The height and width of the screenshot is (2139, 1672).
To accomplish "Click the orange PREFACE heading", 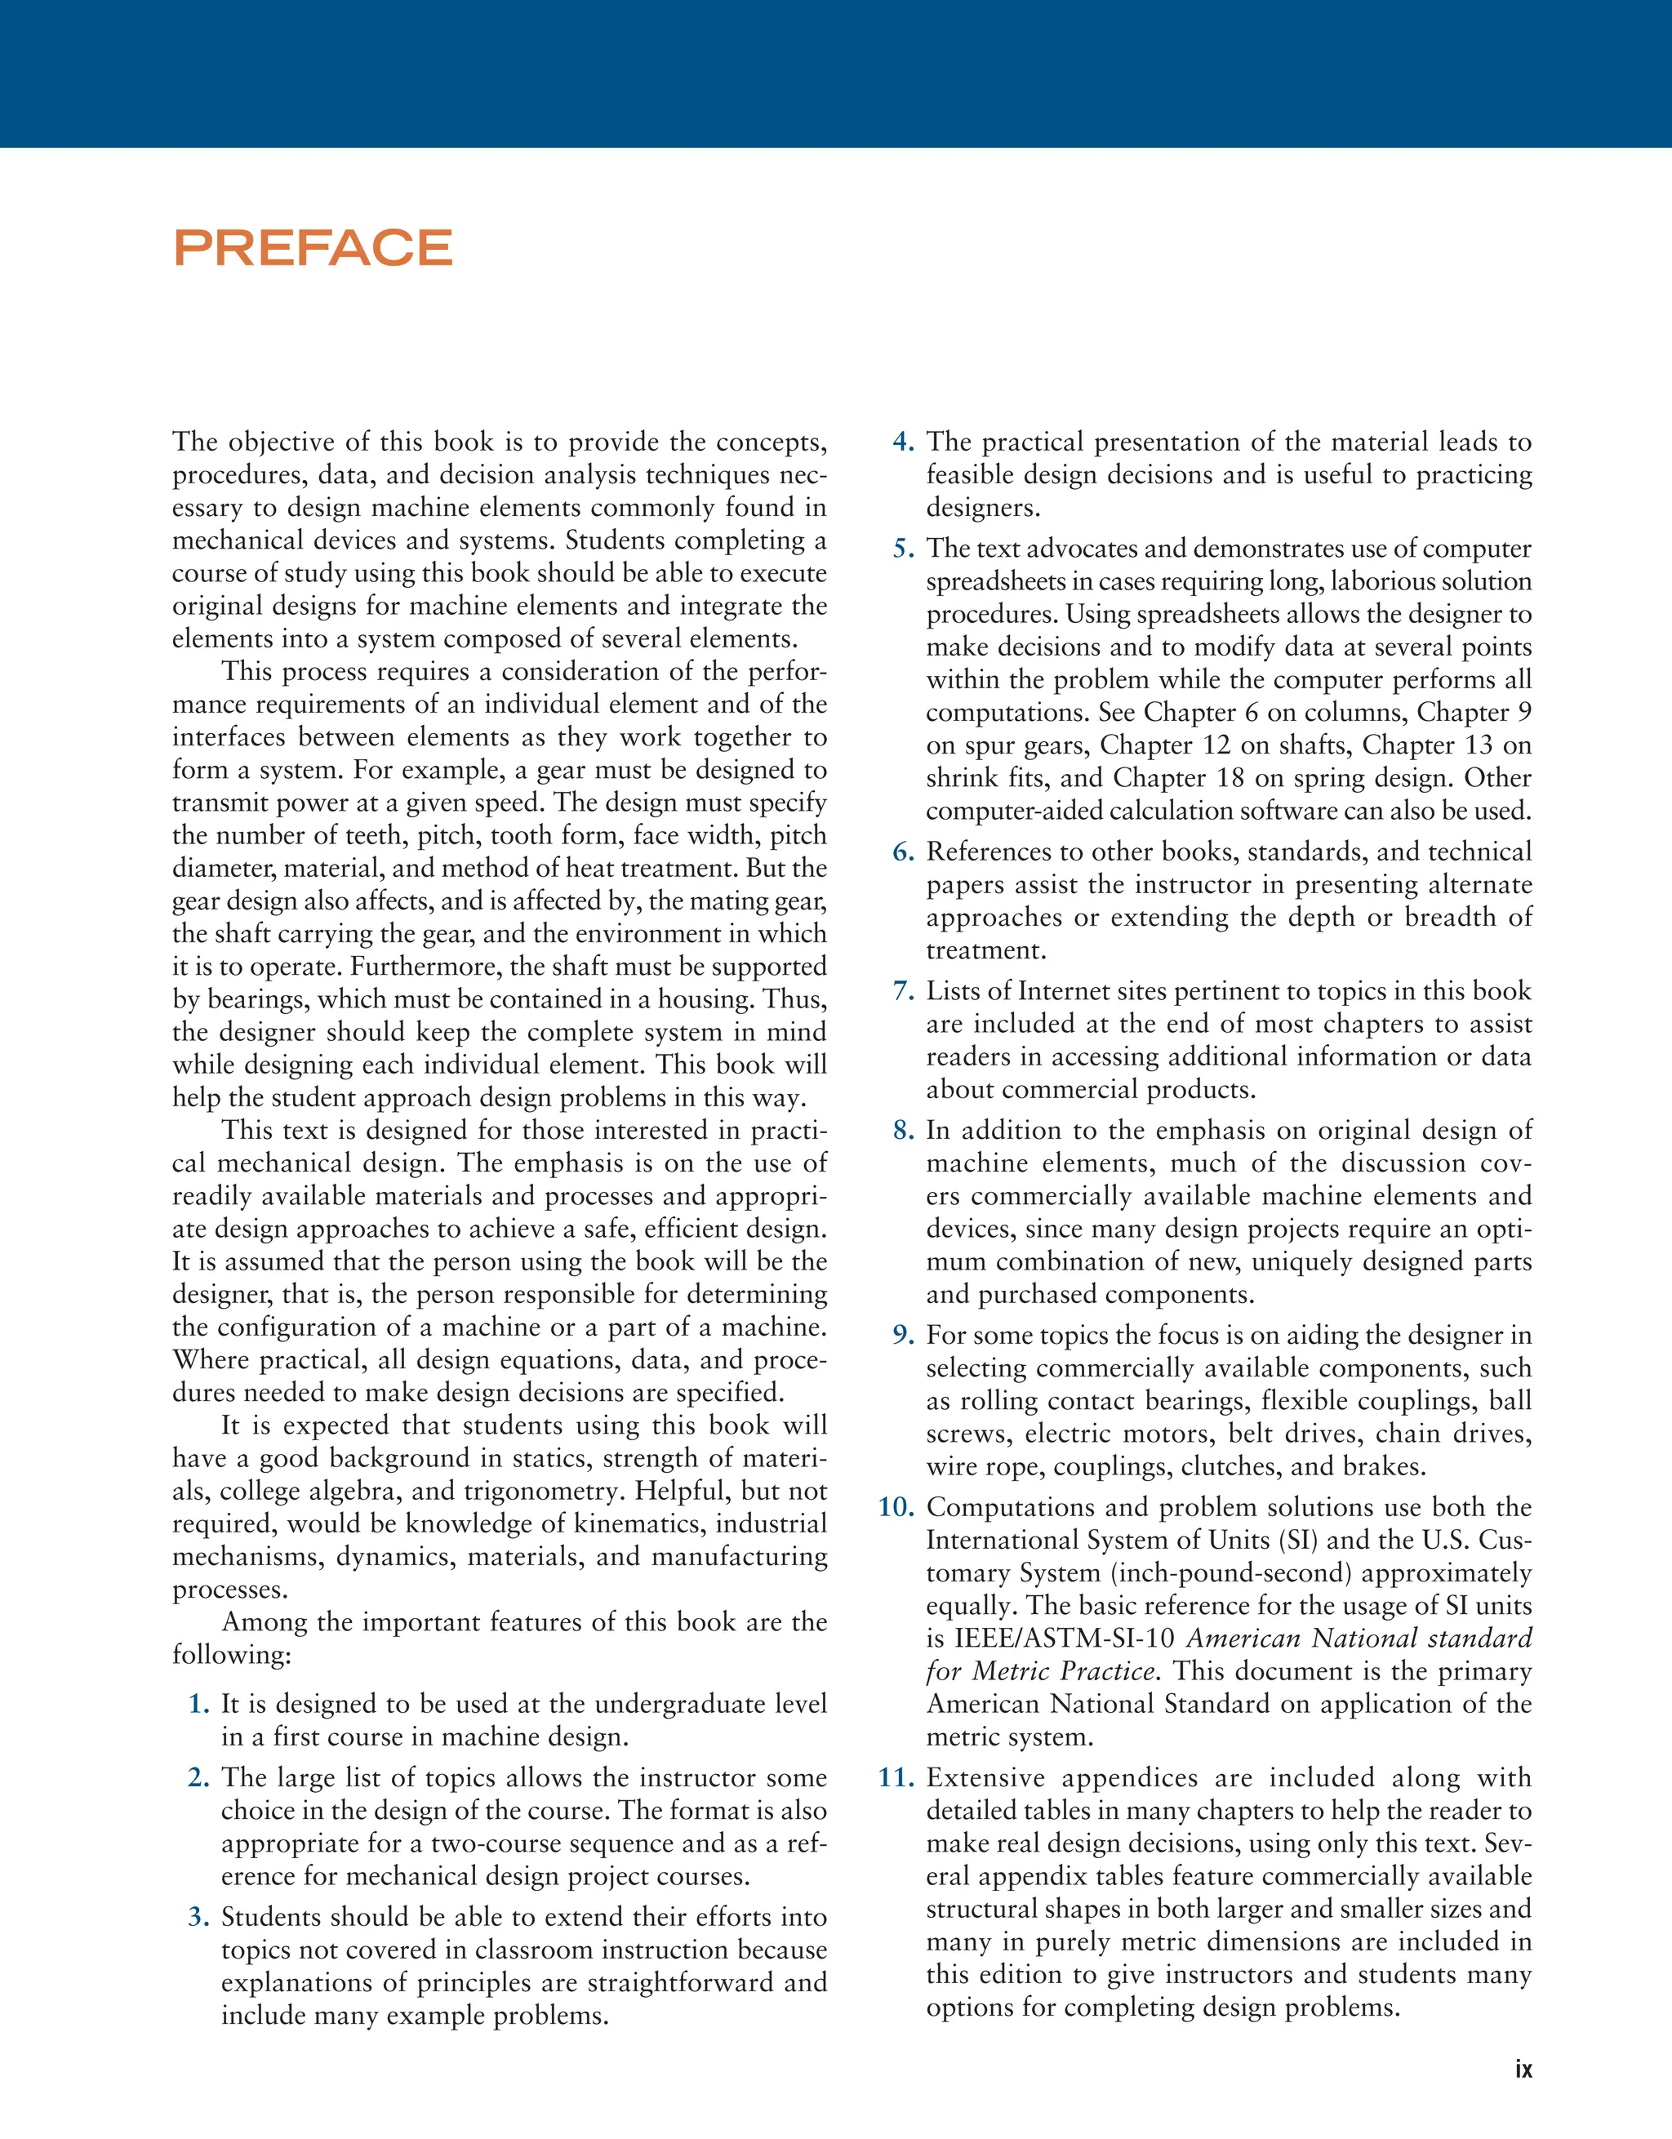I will click(x=313, y=248).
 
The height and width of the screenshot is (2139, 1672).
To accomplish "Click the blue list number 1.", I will click(x=200, y=1704).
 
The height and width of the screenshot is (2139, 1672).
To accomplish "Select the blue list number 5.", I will click(x=903, y=549).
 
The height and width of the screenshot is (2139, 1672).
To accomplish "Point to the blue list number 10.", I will click(x=896, y=1507).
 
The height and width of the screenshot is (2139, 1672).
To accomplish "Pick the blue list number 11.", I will click(x=896, y=1777).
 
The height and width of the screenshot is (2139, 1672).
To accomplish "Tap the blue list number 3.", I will click(x=200, y=1917).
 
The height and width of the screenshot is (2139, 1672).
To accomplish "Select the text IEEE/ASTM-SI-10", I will click(x=1064, y=1639).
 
